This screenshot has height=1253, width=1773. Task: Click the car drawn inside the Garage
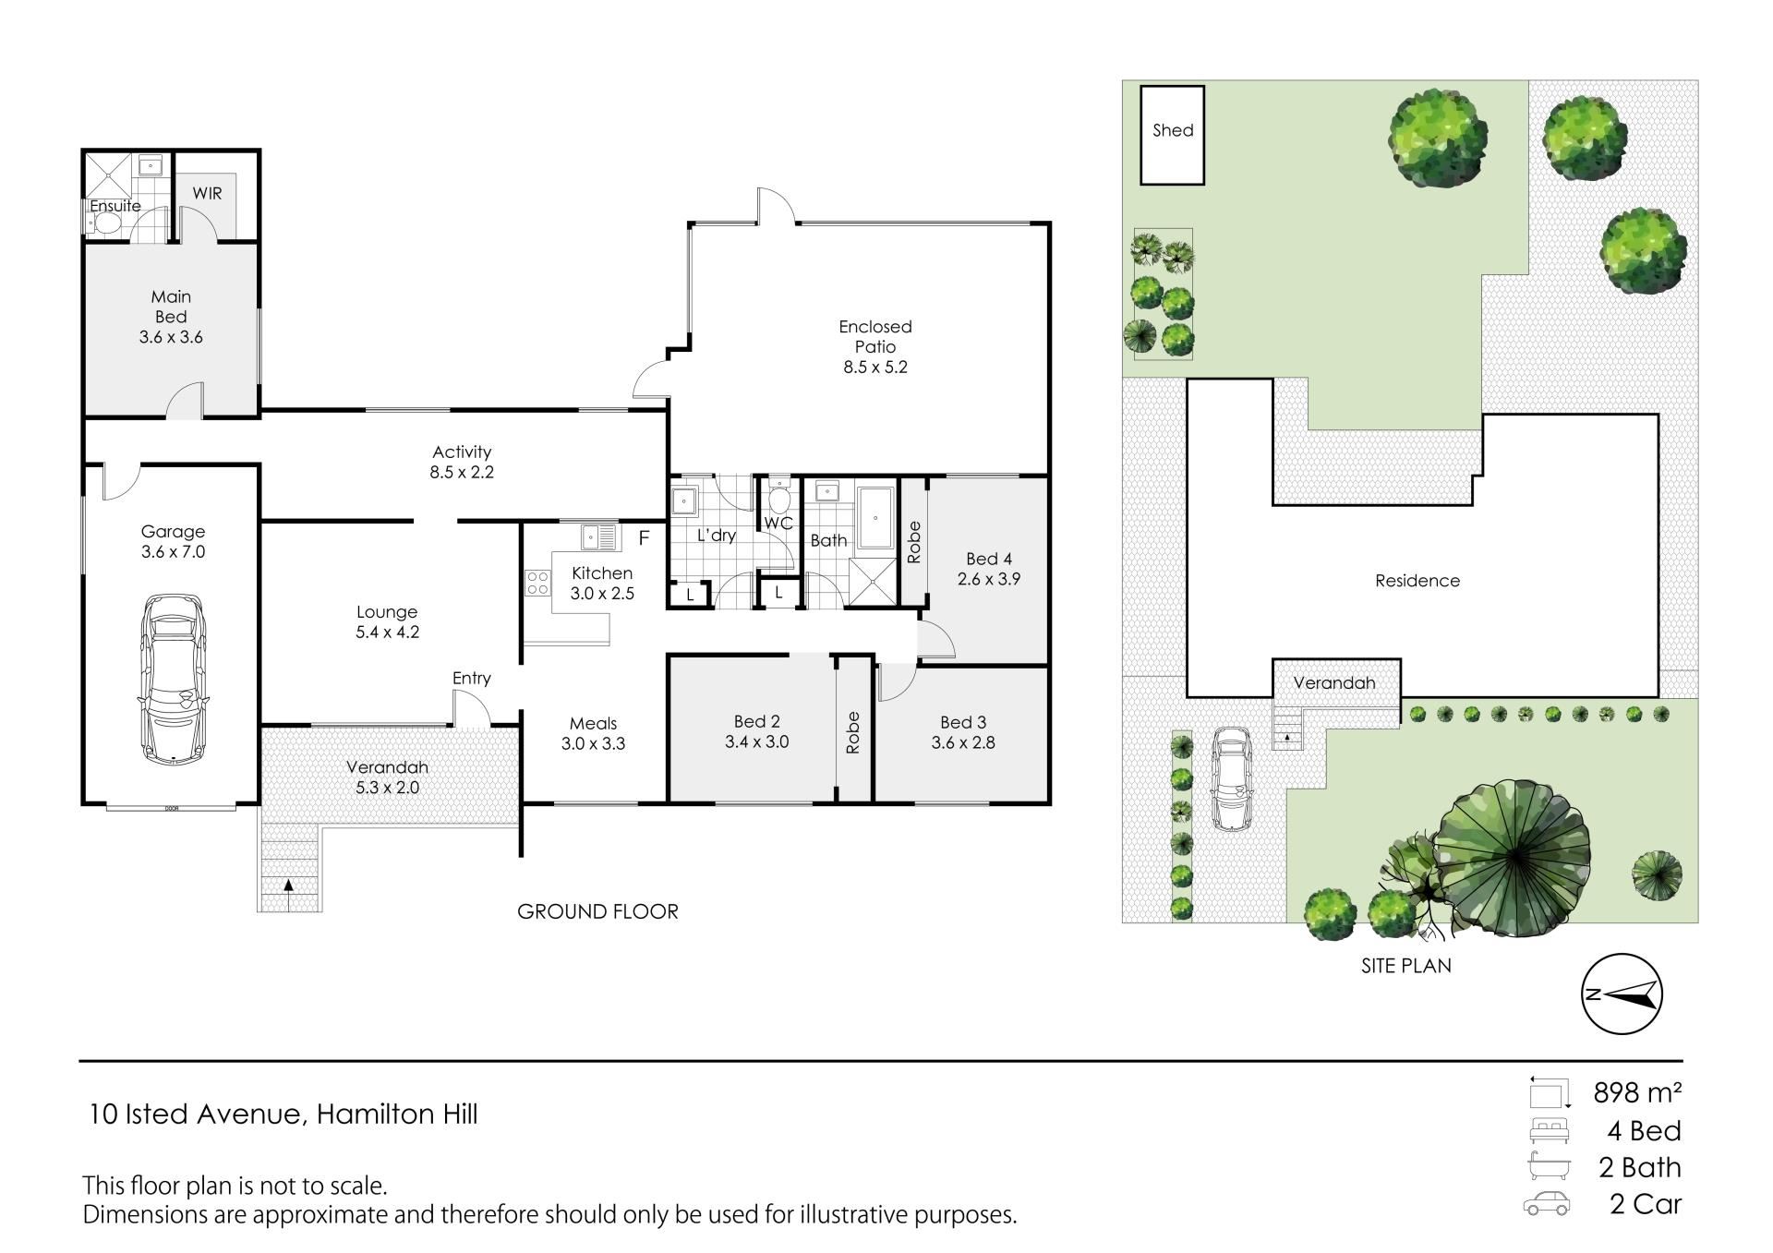(173, 679)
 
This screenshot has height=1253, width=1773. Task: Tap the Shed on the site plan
(1173, 135)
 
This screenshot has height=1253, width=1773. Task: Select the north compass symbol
(1622, 994)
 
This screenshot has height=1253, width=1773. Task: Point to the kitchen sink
(599, 536)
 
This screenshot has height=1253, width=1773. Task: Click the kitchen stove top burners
(537, 583)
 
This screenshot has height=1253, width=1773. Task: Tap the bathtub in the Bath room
(875, 518)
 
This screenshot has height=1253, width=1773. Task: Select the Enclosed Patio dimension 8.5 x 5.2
(875, 367)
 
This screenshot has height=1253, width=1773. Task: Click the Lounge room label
(387, 611)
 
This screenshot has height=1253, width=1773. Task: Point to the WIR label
(208, 193)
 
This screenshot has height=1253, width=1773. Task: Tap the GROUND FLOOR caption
(597, 911)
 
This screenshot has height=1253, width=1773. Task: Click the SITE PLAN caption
(1406, 966)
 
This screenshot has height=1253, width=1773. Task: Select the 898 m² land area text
(1637, 1092)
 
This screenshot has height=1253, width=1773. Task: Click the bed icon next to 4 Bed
(1549, 1131)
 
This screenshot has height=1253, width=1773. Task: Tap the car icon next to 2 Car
(1546, 1204)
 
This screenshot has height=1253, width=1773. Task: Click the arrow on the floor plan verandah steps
(289, 885)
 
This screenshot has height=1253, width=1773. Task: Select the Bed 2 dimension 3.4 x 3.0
(756, 741)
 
